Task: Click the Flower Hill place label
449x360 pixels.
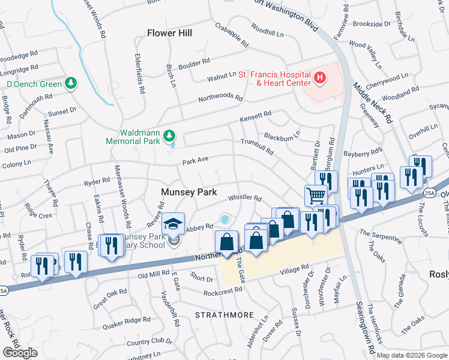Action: [x=170, y=33]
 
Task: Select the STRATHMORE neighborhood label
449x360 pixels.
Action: [x=221, y=314]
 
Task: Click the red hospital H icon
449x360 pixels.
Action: [x=319, y=78]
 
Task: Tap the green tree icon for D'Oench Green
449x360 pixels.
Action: [x=71, y=83]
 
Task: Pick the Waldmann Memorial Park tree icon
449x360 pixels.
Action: [x=170, y=136]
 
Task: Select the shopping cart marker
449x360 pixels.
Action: [x=316, y=195]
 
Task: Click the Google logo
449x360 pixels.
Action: [x=19, y=353]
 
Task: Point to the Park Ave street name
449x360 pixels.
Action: [x=196, y=160]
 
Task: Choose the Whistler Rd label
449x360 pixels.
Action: [x=245, y=199]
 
